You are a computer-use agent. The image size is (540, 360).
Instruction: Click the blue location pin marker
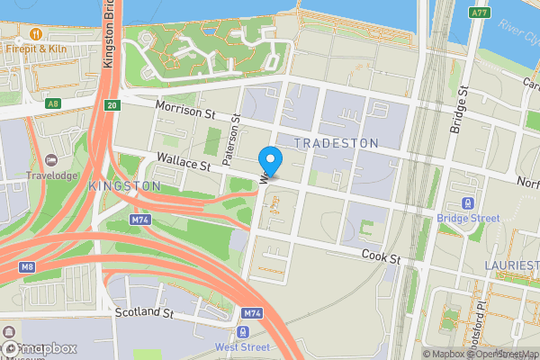[x=270, y=159]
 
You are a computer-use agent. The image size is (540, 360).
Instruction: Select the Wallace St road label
[x=182, y=164]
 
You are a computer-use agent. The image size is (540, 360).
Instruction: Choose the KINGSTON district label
[x=124, y=185]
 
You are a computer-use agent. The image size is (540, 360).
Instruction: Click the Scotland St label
[x=144, y=312]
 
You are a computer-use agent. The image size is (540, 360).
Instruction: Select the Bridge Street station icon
[x=467, y=204]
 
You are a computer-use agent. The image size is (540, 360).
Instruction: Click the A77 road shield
[x=480, y=13]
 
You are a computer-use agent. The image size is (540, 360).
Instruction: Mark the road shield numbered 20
[x=111, y=105]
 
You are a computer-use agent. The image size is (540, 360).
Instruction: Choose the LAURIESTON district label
[x=511, y=265]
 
